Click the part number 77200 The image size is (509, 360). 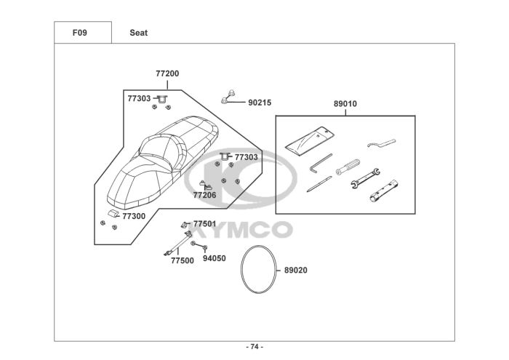[167, 73]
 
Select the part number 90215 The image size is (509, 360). [260, 103]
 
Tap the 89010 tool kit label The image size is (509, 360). [345, 104]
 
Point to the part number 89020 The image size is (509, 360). [295, 270]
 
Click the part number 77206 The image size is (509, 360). [204, 195]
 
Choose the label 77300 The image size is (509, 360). [134, 216]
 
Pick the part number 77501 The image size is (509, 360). [204, 224]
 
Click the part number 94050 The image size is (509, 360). [214, 258]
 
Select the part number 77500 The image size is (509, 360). [182, 260]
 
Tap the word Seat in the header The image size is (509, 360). [139, 33]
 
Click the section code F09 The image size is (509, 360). [80, 33]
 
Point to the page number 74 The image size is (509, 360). [254, 346]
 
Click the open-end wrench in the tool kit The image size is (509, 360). [366, 177]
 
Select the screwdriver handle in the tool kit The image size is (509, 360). [347, 166]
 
